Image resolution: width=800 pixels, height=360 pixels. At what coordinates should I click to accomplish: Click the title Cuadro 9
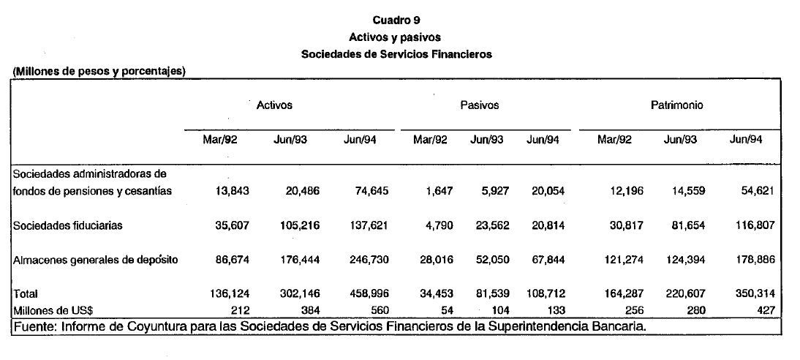point(396,20)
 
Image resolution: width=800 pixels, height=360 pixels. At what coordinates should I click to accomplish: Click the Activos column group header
point(274,105)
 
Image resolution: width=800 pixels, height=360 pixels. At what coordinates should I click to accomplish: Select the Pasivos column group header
point(479,105)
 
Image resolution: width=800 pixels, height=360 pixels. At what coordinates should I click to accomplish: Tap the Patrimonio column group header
point(676,105)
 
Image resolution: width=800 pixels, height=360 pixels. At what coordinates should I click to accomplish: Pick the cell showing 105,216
point(298,226)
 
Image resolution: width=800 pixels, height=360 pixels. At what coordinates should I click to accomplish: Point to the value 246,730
point(367,260)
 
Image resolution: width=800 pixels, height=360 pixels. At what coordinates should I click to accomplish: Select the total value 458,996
point(367,293)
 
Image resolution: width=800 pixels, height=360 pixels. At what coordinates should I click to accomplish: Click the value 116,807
point(754,226)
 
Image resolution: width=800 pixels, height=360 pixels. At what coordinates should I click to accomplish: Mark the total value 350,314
point(754,293)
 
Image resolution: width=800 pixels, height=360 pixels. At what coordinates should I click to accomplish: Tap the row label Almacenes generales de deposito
point(95,260)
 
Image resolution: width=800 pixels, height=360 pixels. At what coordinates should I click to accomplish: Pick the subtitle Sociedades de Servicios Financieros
point(396,54)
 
